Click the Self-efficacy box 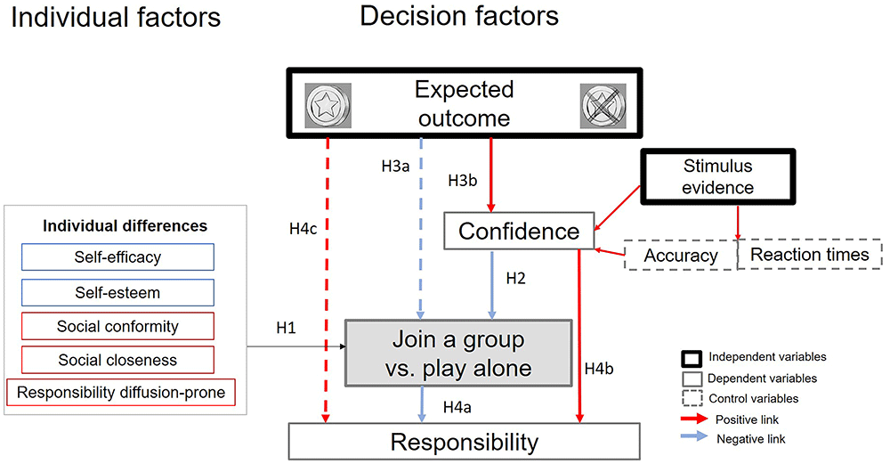pyautogui.click(x=117, y=257)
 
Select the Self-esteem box pyautogui.click(x=117, y=292)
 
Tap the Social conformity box pyautogui.click(x=117, y=326)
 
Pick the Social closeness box pyautogui.click(x=117, y=360)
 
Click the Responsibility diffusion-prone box pyautogui.click(x=121, y=393)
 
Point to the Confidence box pyautogui.click(x=519, y=232)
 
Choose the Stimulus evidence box pyautogui.click(x=718, y=176)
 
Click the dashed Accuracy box pyautogui.click(x=681, y=255)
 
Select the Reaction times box pyautogui.click(x=810, y=255)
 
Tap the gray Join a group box pyautogui.click(x=458, y=354)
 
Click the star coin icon pyautogui.click(x=328, y=106)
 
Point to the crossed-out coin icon pyautogui.click(x=603, y=106)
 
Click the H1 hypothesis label pyautogui.click(x=286, y=328)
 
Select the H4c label pyautogui.click(x=303, y=229)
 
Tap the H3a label pyautogui.click(x=396, y=166)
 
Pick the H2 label pyautogui.click(x=515, y=278)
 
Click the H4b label pyautogui.click(x=599, y=369)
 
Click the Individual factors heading pyautogui.click(x=116, y=18)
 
